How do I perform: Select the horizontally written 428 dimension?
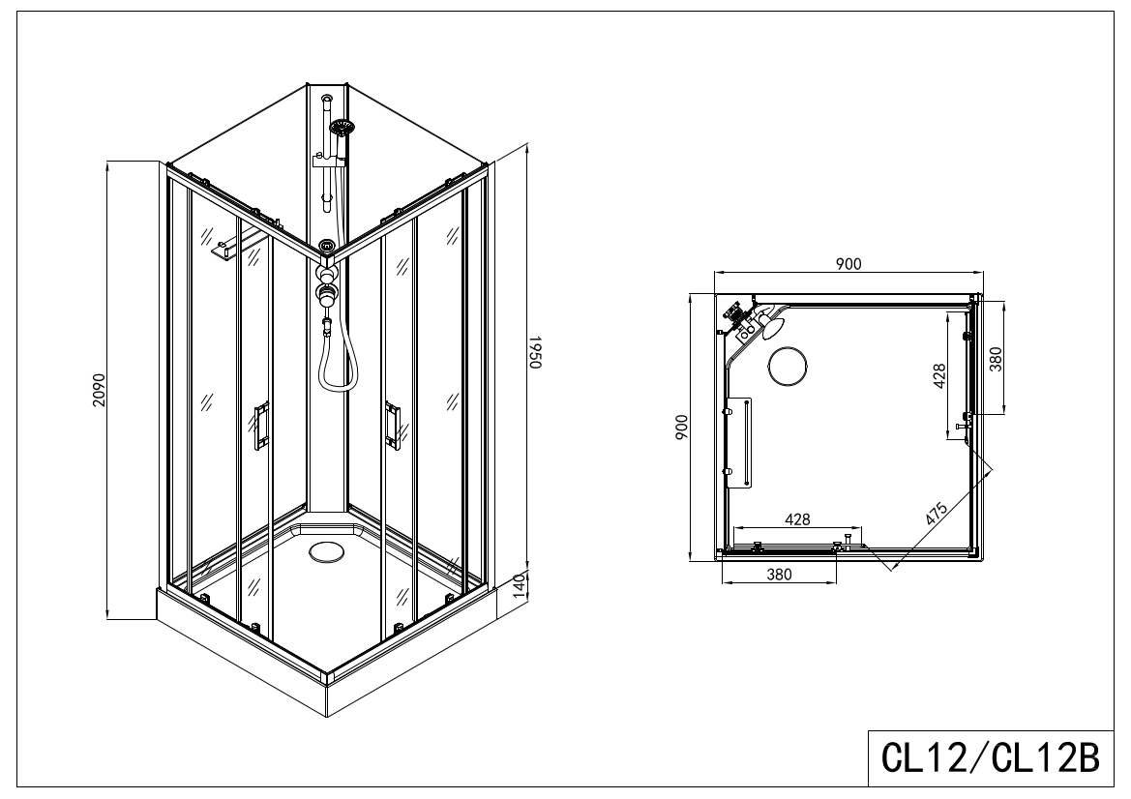pos(796,519)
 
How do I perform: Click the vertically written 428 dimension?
pos(938,375)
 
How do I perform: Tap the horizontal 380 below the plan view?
pos(779,574)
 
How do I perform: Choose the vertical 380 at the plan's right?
pos(996,358)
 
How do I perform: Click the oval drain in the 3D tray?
pos(325,552)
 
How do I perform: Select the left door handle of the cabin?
pos(261,428)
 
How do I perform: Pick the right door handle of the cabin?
pos(393,425)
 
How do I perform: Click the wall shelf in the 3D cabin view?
pos(224,250)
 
